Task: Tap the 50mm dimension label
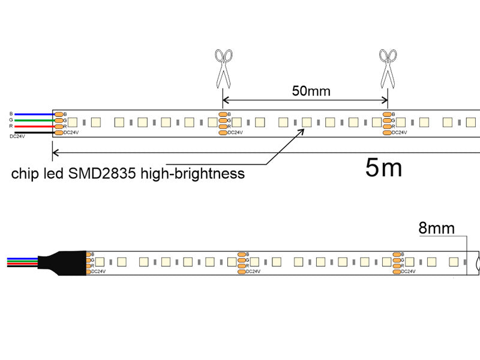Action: [x=311, y=91]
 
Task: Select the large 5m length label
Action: [x=384, y=169]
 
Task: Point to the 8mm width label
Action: [x=436, y=228]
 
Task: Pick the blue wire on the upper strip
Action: [x=34, y=114]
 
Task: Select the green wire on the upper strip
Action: [x=34, y=120]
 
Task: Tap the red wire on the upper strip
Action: [x=34, y=127]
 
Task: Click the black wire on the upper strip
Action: [x=34, y=133]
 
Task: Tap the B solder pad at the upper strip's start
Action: [x=59, y=114]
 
